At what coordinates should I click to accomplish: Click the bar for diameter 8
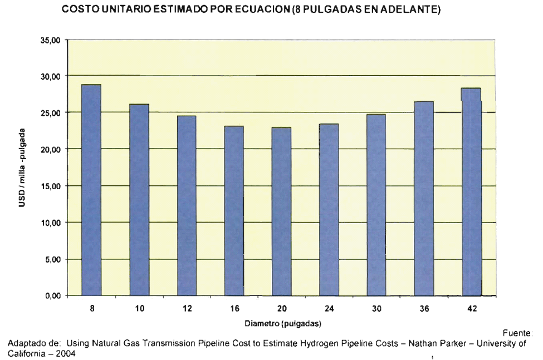pos(91,190)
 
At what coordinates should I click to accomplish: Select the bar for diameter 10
pos(139,200)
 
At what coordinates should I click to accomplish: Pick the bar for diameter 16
pos(234,210)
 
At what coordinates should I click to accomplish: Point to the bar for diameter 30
pos(376,205)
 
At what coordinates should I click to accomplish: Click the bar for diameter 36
pos(423,199)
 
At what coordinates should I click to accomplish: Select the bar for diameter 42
pos(471,191)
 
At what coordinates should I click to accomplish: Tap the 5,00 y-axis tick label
pos(52,259)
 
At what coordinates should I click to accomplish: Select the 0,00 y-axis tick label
pos(52,295)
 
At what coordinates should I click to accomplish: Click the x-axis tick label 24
pos(329,309)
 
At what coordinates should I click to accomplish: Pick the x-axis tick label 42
pos(472,309)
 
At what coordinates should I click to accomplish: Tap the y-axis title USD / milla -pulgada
pos(21,167)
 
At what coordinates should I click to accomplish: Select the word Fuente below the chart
pos(520,334)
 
